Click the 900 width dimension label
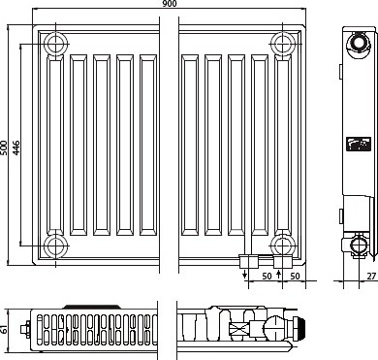[x=170, y=4]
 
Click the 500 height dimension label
[x=4, y=147]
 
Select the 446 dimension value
[x=16, y=147]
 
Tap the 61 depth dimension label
[x=4, y=330]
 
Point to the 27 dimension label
[x=371, y=276]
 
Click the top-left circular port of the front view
[x=56, y=44]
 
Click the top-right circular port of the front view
[x=283, y=44]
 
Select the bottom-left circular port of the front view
[x=56, y=245]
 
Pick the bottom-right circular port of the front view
[x=283, y=245]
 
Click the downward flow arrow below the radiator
[x=245, y=275]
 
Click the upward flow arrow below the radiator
[x=279, y=275]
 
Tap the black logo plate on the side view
[x=359, y=145]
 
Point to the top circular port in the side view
[x=358, y=43]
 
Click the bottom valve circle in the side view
[x=359, y=245]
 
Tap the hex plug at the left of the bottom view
[x=25, y=330]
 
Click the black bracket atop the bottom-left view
[x=92, y=307]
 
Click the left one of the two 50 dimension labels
[x=267, y=276]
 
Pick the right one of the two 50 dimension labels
[x=295, y=276]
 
